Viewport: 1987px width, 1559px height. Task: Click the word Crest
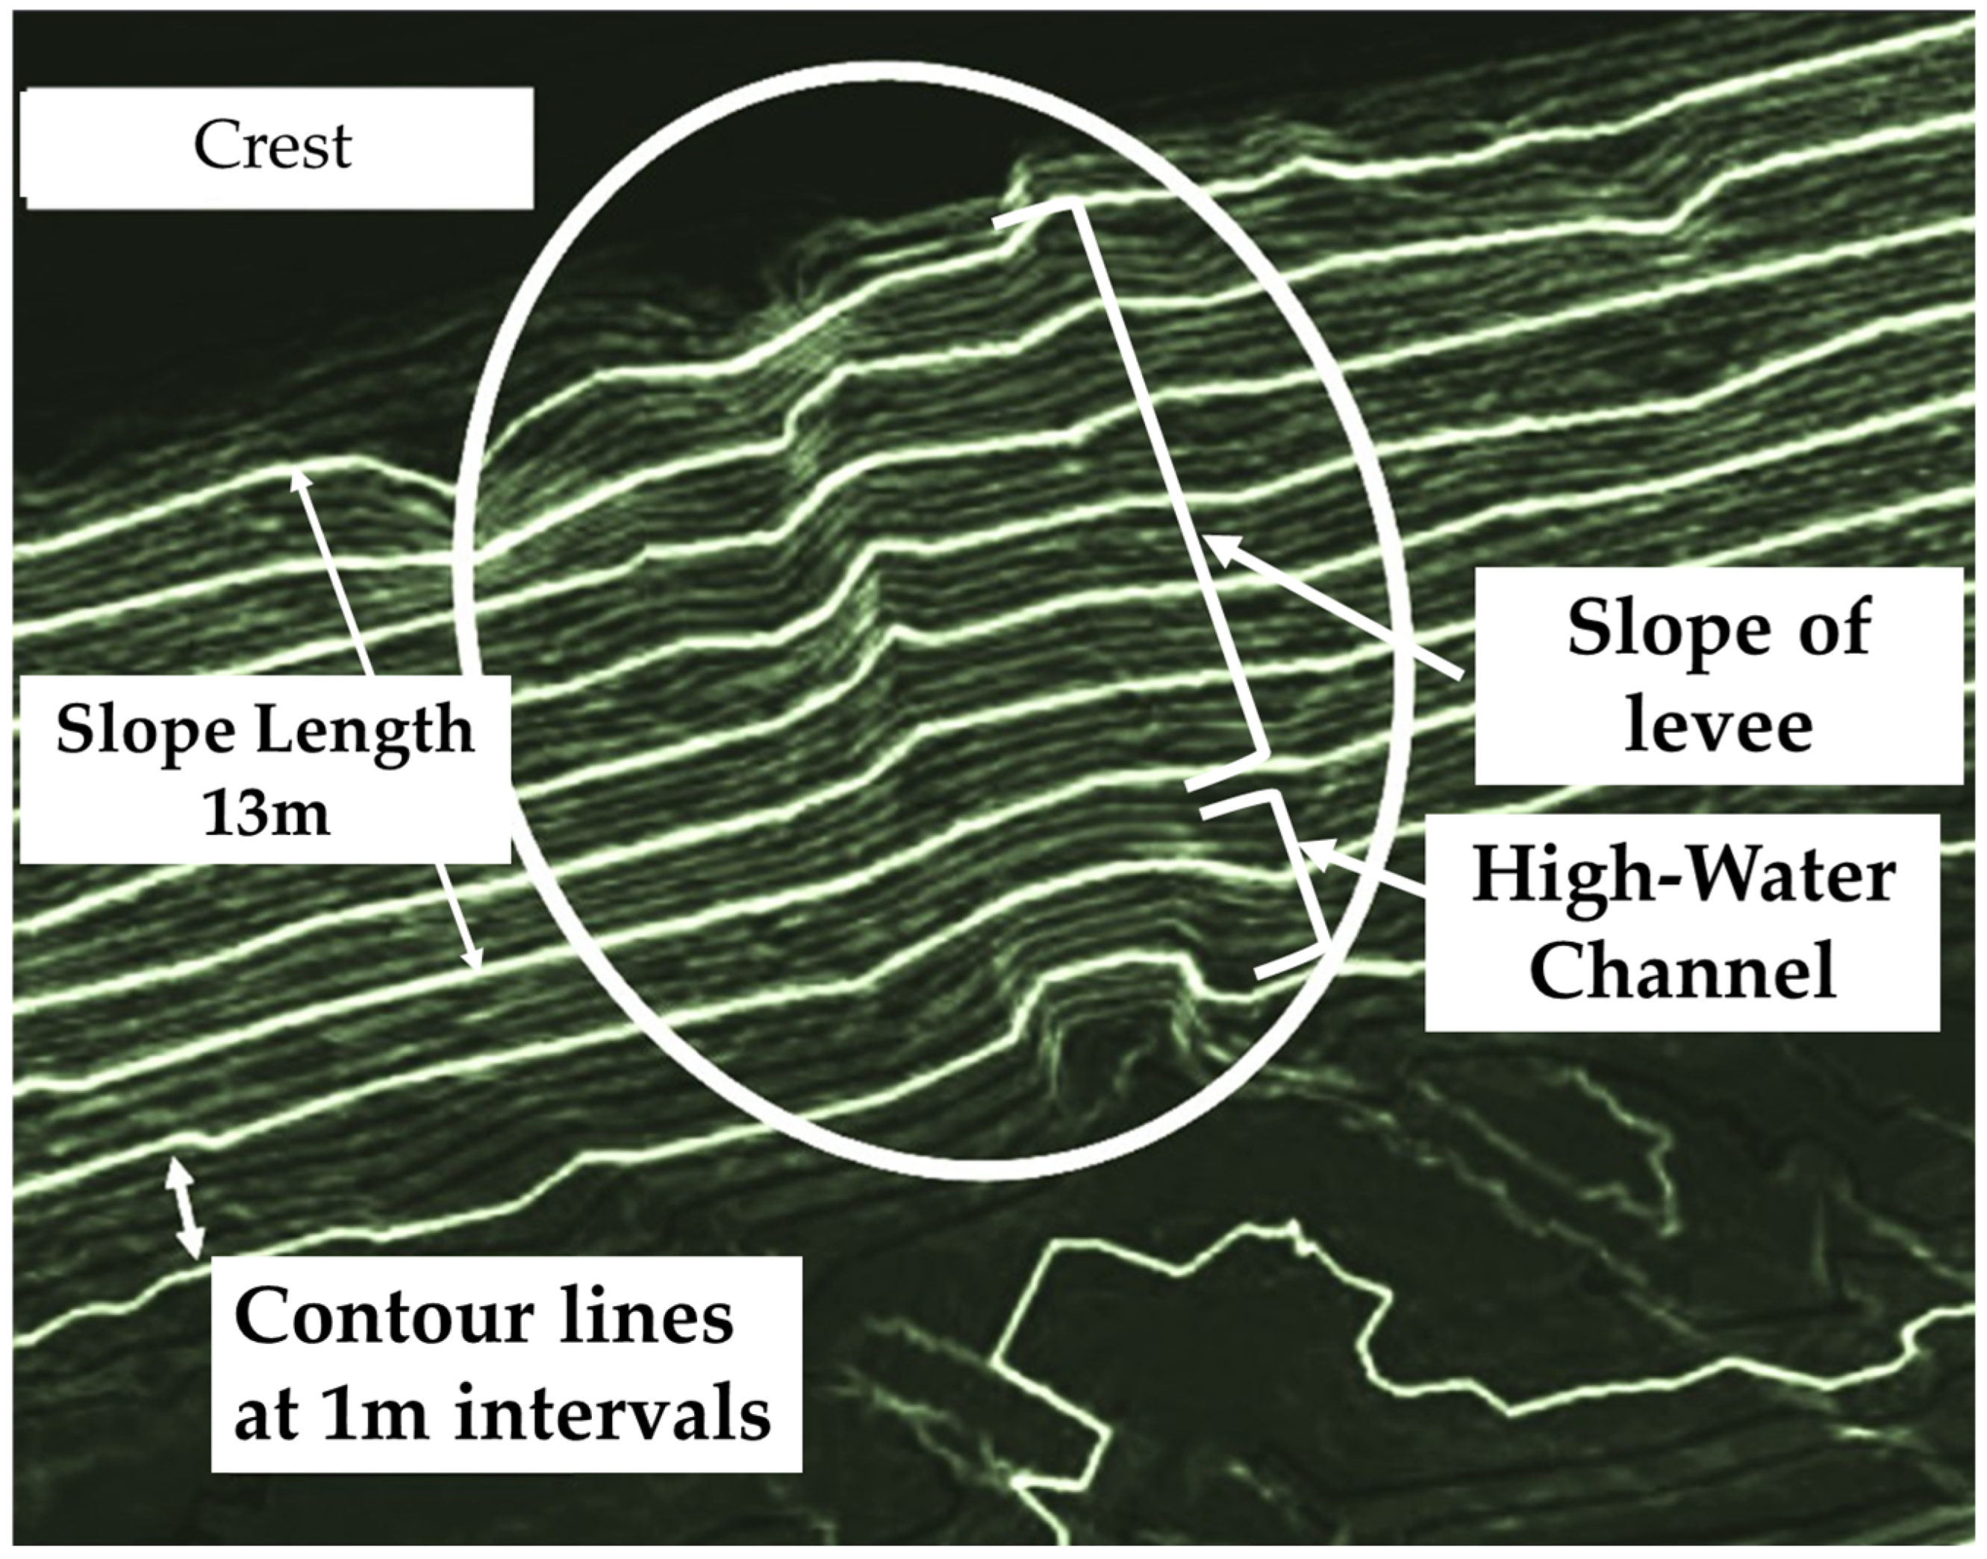click(272, 146)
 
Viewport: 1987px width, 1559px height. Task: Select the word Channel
click(1682, 970)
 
